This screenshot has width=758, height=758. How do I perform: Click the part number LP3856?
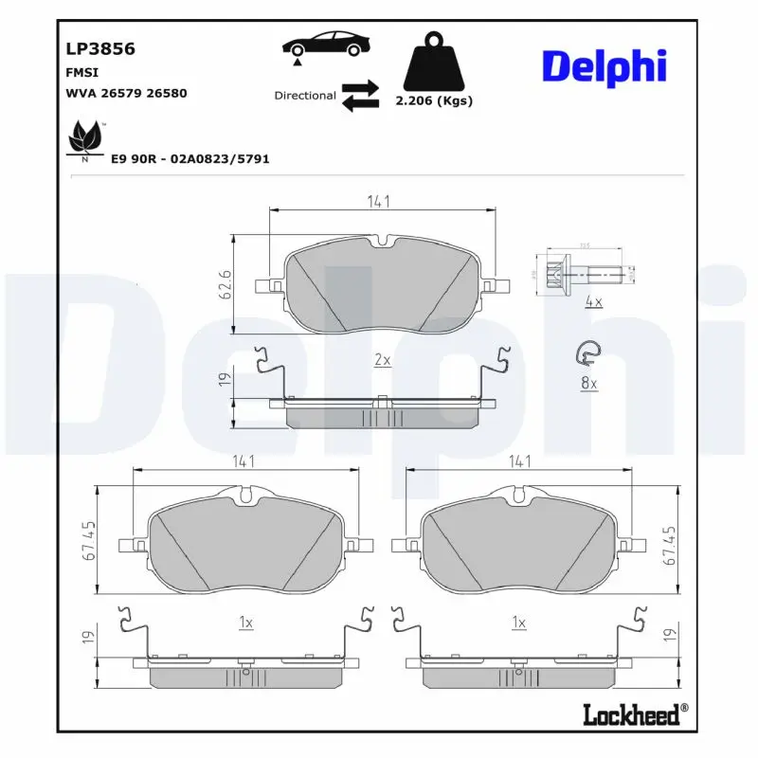[99, 49]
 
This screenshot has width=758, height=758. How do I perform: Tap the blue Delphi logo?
[604, 65]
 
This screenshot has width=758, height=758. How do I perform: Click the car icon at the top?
[325, 45]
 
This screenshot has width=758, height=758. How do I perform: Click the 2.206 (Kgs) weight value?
[433, 101]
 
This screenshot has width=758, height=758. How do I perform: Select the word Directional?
[304, 96]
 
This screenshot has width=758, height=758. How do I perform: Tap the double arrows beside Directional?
[360, 96]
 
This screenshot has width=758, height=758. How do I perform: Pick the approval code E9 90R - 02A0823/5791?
[190, 159]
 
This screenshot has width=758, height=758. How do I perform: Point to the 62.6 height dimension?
[226, 283]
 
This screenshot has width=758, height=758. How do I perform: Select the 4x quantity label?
[594, 302]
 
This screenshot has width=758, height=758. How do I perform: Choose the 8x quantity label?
[588, 383]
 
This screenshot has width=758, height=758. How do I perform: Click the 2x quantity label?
[382, 360]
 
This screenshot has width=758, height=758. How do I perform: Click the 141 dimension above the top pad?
[379, 202]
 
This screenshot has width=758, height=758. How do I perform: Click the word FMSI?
[82, 72]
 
